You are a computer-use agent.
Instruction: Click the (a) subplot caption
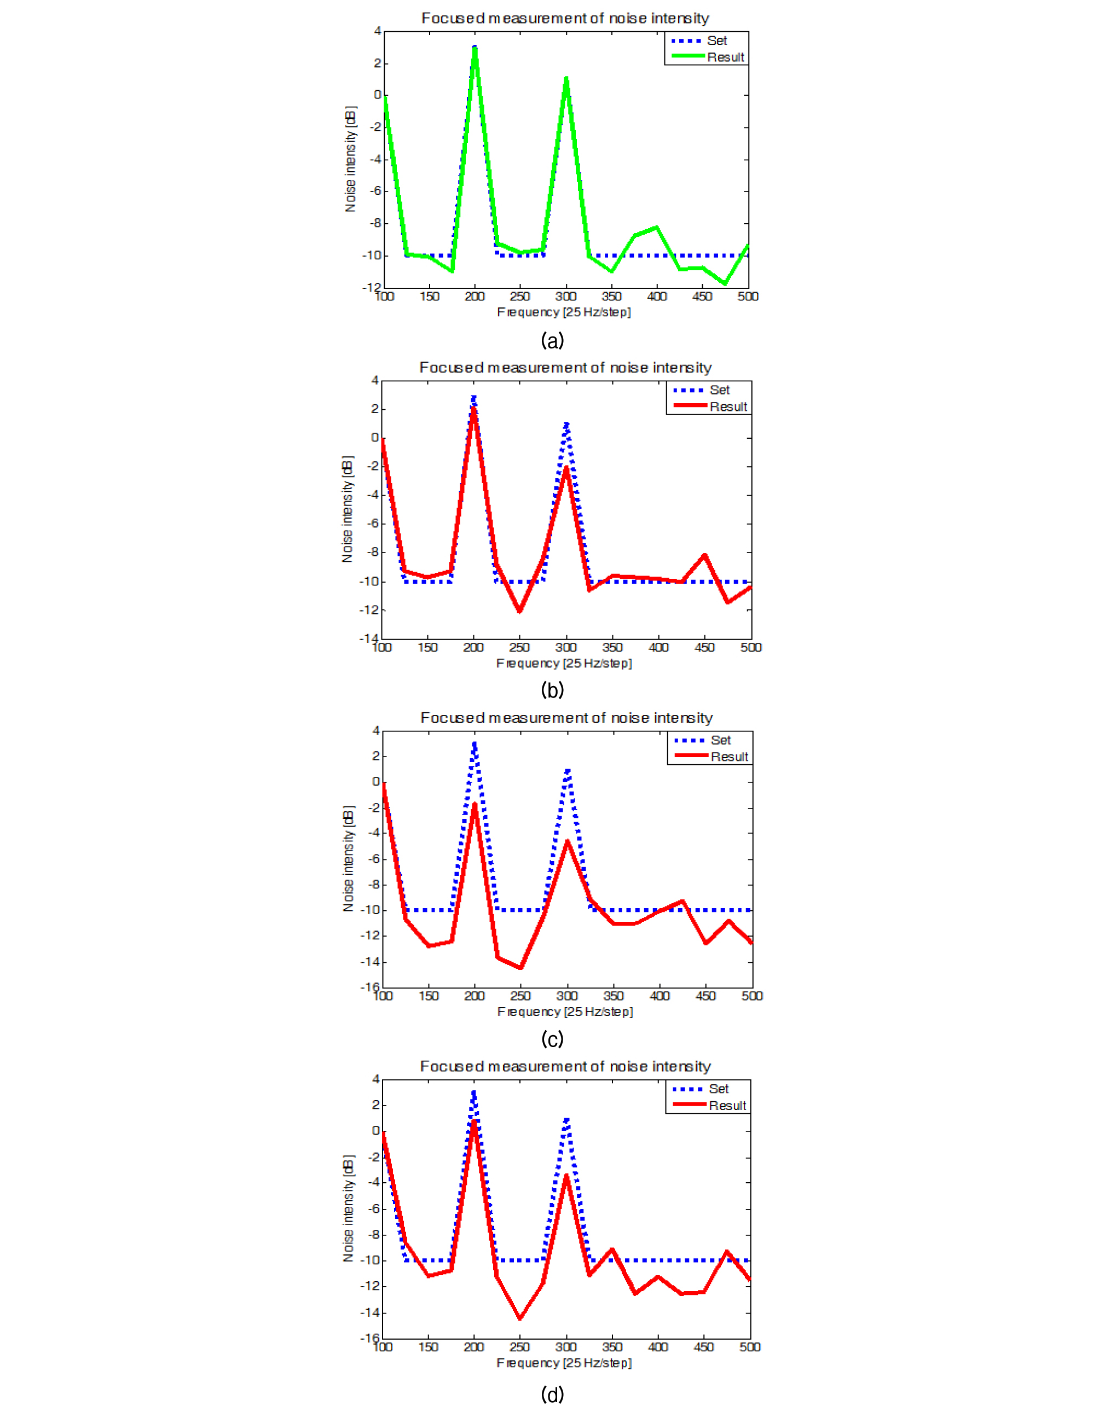552,340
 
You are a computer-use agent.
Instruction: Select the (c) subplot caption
552,1039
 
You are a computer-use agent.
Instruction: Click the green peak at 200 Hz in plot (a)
475,49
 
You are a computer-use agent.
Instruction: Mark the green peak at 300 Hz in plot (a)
566,80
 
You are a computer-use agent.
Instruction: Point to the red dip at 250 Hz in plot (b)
519,611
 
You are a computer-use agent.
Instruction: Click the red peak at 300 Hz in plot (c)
567,841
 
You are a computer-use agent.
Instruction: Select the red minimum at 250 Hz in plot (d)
519,1318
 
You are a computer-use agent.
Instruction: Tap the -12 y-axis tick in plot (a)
372,288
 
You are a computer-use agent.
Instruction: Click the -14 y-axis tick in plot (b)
369,638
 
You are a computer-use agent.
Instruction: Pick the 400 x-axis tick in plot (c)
660,996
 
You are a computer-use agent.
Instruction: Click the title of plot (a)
565,18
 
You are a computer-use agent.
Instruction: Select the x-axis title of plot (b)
564,663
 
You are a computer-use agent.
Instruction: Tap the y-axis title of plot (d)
349,1208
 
